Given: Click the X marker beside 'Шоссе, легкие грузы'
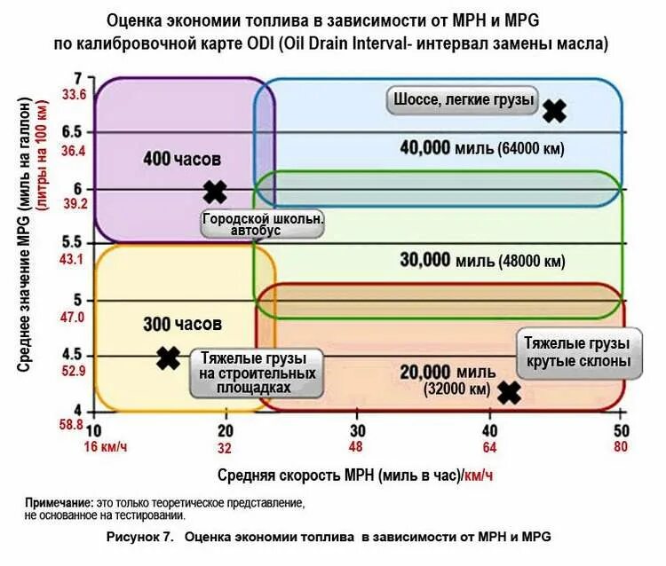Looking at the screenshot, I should pyautogui.click(x=554, y=111).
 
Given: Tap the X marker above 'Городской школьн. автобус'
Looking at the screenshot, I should pyautogui.click(x=214, y=192).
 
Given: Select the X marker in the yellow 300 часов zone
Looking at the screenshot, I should pyautogui.click(x=168, y=358).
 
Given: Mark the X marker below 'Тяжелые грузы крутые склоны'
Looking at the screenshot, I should pyautogui.click(x=508, y=392).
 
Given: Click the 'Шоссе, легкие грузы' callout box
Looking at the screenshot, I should pyautogui.click(x=463, y=100).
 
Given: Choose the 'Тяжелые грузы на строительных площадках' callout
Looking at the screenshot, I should pyautogui.click(x=254, y=373).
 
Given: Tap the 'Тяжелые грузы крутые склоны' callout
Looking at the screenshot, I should pyautogui.click(x=577, y=352).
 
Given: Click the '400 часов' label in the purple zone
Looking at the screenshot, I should pyautogui.click(x=182, y=159).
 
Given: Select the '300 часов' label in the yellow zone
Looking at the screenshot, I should pyautogui.click(x=182, y=325).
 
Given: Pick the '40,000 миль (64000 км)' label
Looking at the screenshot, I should pyautogui.click(x=482, y=148).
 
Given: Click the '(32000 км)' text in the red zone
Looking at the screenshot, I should pyautogui.click(x=457, y=389).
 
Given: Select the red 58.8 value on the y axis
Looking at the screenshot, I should pyautogui.click(x=71, y=425).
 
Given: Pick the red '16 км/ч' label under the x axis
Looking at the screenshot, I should pyautogui.click(x=107, y=447).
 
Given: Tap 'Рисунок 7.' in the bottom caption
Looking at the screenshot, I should pyautogui.click(x=139, y=537).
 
